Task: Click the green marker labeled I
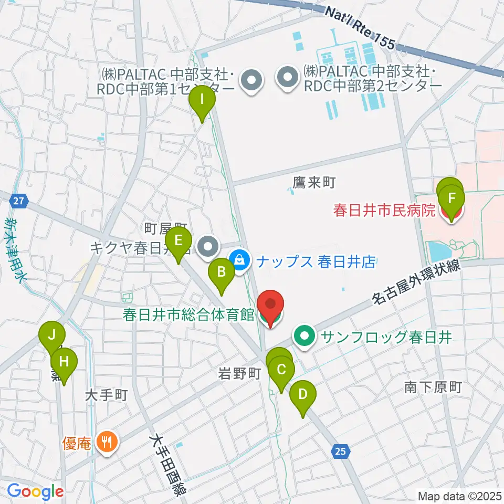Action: pos(202,98)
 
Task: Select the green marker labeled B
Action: pos(222,271)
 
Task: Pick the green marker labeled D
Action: pos(302,393)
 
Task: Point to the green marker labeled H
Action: pos(64,361)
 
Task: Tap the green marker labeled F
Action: pos(451,198)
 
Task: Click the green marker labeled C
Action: pos(281,369)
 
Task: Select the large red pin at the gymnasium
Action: pos(270,304)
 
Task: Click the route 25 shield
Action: pos(341,450)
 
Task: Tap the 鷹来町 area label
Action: pos(313,182)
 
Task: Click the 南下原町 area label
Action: pos(433,387)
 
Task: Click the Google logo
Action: pos(35,491)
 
